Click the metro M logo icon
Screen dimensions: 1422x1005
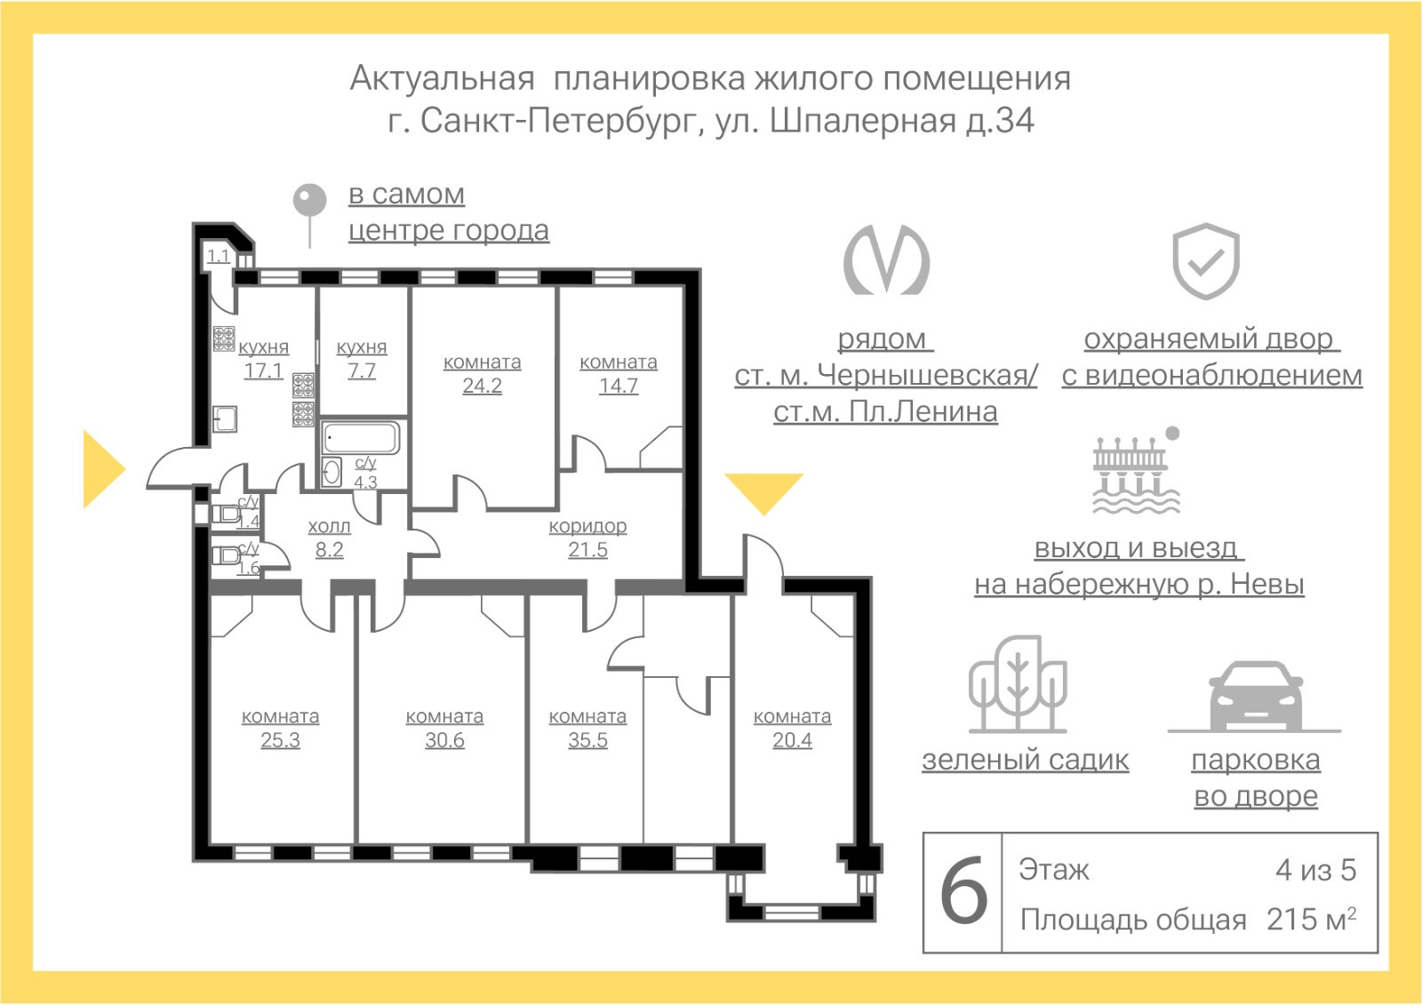(x=886, y=259)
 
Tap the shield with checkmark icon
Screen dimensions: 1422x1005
(x=1205, y=261)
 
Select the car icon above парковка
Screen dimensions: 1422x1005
(x=1256, y=697)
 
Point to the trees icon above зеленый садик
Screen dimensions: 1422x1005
(x=1018, y=683)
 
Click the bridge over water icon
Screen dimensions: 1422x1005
(x=1136, y=470)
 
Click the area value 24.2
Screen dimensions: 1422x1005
(x=482, y=386)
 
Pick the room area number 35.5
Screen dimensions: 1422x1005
(x=587, y=739)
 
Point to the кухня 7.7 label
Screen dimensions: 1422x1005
(x=362, y=359)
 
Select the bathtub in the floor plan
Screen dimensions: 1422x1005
(x=361, y=437)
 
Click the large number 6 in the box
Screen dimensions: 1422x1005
(x=963, y=893)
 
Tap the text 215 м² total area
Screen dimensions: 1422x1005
(x=1312, y=919)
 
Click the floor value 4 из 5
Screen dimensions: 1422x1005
(x=1316, y=870)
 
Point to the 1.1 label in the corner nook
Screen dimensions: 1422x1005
(x=219, y=257)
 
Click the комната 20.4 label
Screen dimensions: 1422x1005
(x=792, y=728)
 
